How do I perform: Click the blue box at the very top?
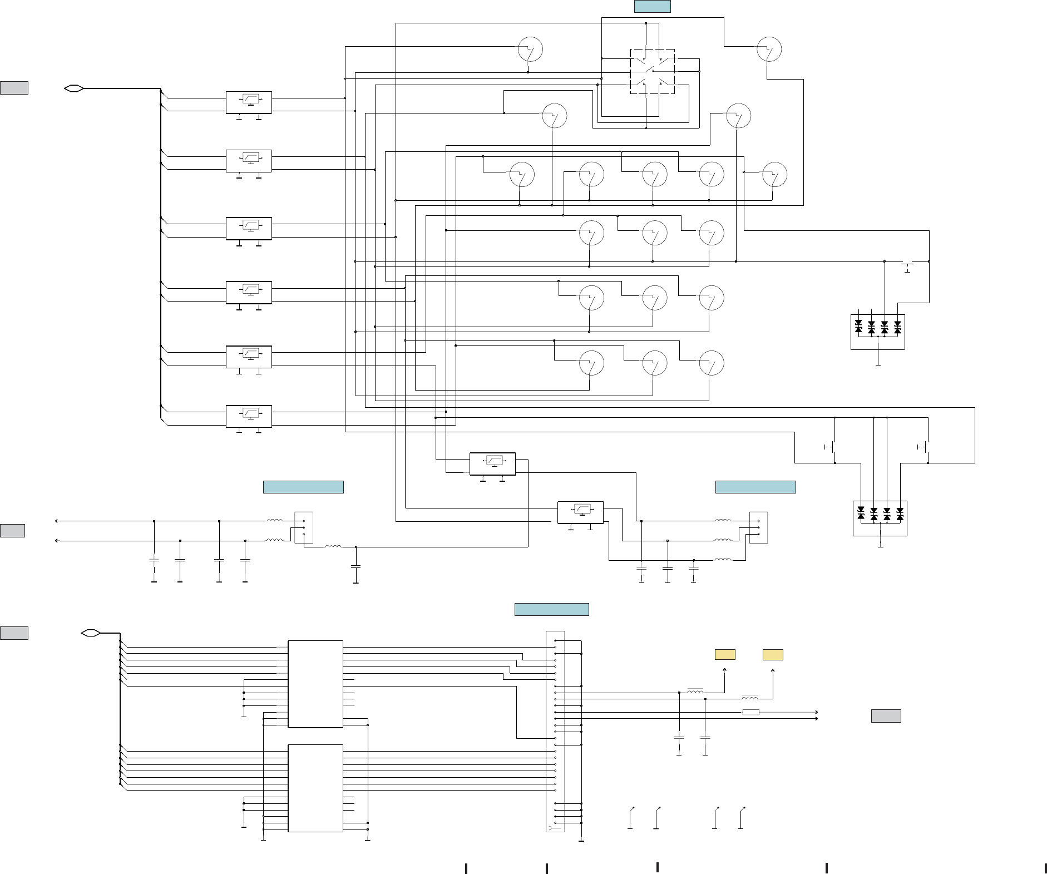(652, 7)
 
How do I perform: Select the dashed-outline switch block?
(652, 71)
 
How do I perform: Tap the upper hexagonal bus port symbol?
(74, 88)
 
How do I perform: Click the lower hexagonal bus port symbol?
(90, 633)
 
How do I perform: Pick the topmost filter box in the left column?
(249, 102)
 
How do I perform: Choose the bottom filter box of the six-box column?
(249, 416)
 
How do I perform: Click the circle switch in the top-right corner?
(769, 50)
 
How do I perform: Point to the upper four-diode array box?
(877, 332)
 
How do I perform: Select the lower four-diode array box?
(880, 518)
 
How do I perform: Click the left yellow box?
(725, 655)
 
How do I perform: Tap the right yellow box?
(773, 655)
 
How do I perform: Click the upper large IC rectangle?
(315, 684)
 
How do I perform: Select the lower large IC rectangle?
(315, 788)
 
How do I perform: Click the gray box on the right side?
(886, 716)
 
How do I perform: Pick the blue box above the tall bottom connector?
(551, 609)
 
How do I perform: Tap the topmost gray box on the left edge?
(14, 88)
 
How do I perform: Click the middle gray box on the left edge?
(12, 531)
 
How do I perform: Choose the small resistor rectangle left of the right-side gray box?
(751, 712)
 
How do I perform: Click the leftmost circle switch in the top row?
(530, 50)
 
